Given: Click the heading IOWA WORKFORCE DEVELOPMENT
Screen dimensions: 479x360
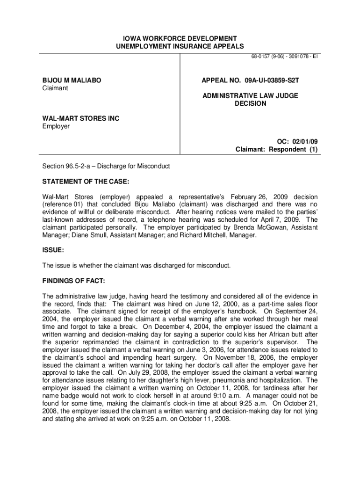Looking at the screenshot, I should tap(180, 38).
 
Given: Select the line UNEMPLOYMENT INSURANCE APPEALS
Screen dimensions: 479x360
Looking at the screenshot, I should tap(180, 46).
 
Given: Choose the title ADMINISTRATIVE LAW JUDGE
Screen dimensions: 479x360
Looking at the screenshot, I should tap(250, 96).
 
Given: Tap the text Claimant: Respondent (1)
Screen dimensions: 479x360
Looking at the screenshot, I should tap(276, 150).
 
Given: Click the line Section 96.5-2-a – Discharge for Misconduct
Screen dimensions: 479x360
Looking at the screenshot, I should tap(106, 166).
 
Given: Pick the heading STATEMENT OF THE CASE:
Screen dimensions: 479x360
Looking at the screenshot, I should tap(86, 181).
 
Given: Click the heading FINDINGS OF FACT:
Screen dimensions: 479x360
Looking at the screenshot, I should tap(73, 281).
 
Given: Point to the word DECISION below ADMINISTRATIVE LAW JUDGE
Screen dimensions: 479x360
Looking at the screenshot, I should tap(250, 103).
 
